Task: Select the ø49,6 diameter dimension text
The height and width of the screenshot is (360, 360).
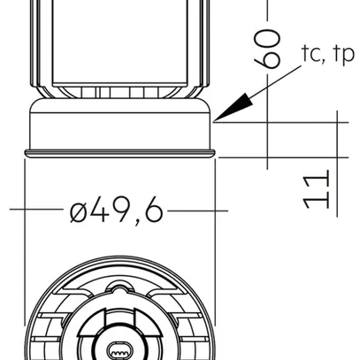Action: click(x=116, y=211)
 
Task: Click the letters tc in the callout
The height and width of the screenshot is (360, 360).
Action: click(x=310, y=55)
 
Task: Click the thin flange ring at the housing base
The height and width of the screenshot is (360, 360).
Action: click(x=119, y=154)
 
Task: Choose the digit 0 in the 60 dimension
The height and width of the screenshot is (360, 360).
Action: click(x=269, y=37)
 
